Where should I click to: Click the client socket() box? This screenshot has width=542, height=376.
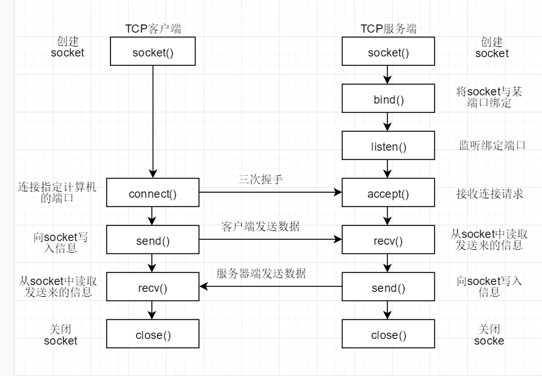pyautogui.click(x=153, y=52)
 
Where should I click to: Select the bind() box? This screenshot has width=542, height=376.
pyautogui.click(x=388, y=99)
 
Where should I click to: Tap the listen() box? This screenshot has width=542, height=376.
pyautogui.click(x=388, y=146)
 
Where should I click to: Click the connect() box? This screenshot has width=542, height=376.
pyautogui.click(x=153, y=193)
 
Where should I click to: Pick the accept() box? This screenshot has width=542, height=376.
pyautogui.click(x=388, y=193)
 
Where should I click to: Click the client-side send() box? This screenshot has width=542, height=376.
pyautogui.click(x=153, y=240)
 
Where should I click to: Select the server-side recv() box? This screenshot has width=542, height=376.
pyautogui.click(x=388, y=240)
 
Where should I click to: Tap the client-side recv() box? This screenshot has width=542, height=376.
pyautogui.click(x=153, y=287)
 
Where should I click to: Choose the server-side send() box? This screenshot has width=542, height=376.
pyautogui.click(x=388, y=287)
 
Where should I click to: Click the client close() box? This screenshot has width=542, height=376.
pyautogui.click(x=153, y=335)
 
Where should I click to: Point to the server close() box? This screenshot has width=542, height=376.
pyautogui.click(x=388, y=335)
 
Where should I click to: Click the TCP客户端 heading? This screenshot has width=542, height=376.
pyautogui.click(x=153, y=28)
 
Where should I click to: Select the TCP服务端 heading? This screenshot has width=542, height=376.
pyautogui.click(x=388, y=28)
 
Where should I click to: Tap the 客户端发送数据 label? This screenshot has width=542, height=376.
pyautogui.click(x=260, y=227)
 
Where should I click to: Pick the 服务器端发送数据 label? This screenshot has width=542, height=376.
pyautogui.click(x=261, y=274)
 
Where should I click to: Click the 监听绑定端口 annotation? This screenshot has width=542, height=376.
pyautogui.click(x=492, y=146)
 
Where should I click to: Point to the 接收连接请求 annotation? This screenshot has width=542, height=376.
pyautogui.click(x=490, y=193)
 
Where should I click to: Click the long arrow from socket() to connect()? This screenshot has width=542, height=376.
pyautogui.click(x=153, y=119)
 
